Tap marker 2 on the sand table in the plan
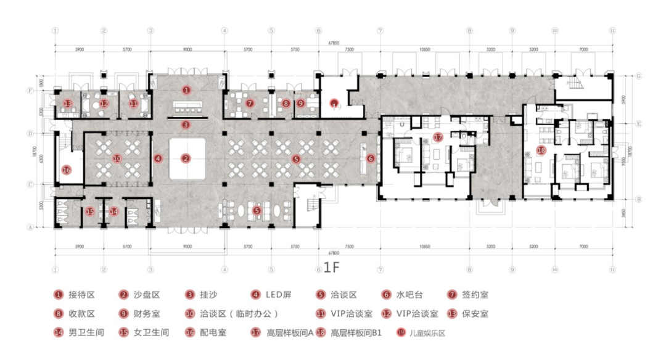186,158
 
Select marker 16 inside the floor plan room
66,170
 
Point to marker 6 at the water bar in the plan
371,158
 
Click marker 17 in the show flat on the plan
438,137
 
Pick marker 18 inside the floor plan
541,150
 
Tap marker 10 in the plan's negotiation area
117,158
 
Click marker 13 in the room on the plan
68,104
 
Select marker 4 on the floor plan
158,158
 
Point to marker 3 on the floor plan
186,125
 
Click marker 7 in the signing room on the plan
249,104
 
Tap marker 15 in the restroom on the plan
90,211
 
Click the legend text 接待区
82,295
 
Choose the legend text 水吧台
409,295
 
